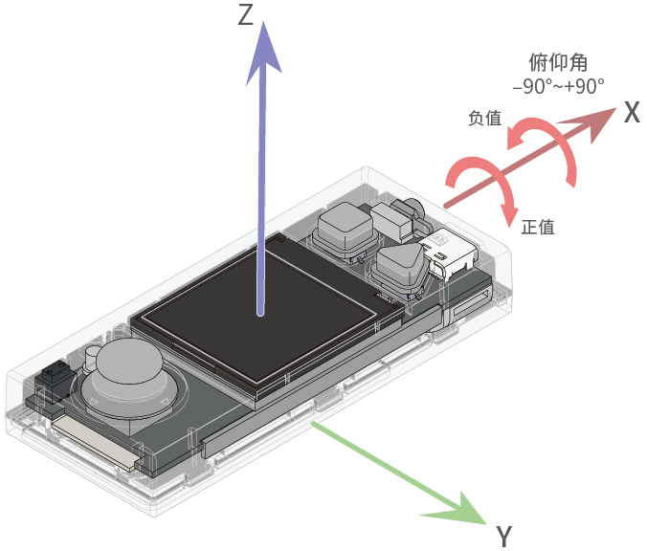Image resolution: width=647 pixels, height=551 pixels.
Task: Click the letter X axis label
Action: tap(631, 113)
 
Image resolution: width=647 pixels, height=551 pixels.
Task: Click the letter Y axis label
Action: tap(505, 536)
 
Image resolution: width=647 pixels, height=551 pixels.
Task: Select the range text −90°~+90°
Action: tap(558, 86)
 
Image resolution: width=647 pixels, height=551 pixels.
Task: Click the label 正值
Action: tap(538, 227)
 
